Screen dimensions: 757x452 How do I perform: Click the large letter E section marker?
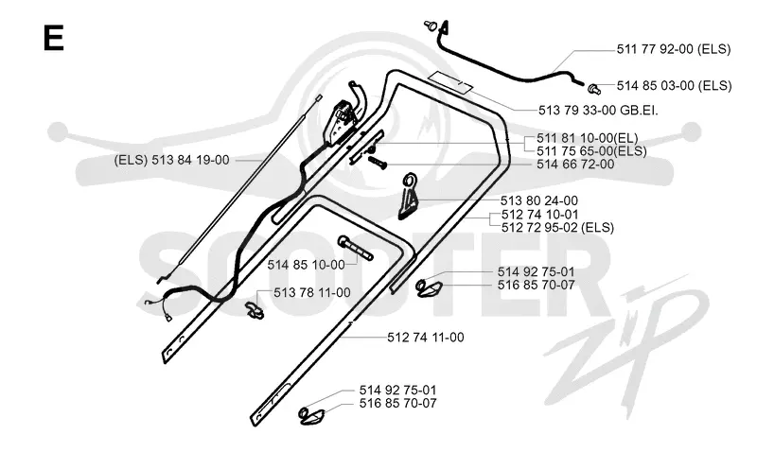pyautogui.click(x=53, y=38)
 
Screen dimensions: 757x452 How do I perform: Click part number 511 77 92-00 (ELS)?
pyautogui.click(x=674, y=49)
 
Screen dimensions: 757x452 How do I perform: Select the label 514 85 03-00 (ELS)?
pyautogui.click(x=674, y=85)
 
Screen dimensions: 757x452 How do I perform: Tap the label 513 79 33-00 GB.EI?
pyautogui.click(x=598, y=110)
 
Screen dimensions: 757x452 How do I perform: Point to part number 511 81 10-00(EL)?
pyautogui.click(x=587, y=138)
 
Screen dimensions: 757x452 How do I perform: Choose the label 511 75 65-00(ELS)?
pyautogui.click(x=591, y=151)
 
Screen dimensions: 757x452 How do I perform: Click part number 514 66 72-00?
pyautogui.click(x=575, y=165)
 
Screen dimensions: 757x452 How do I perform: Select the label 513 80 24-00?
pyautogui.click(x=538, y=200)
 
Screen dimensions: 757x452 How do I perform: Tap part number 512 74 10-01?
pyautogui.click(x=539, y=215)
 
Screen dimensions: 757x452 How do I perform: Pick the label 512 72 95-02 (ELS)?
pyautogui.click(x=557, y=227)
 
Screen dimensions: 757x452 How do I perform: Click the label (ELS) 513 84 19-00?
pyautogui.click(x=171, y=160)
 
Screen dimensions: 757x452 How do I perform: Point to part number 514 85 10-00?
pyautogui.click(x=306, y=265)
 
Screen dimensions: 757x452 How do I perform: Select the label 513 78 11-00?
pyautogui.click(x=312, y=293)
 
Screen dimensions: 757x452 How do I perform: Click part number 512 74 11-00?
pyautogui.click(x=425, y=338)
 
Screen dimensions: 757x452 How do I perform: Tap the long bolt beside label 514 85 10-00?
pyautogui.click(x=356, y=248)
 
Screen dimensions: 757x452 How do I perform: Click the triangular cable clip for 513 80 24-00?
pyautogui.click(x=408, y=196)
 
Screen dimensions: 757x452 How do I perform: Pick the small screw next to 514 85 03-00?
pyautogui.click(x=594, y=89)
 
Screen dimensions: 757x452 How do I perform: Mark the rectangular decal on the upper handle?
pyautogui.click(x=451, y=81)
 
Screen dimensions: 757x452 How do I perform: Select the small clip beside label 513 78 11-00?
pyautogui.click(x=255, y=310)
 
